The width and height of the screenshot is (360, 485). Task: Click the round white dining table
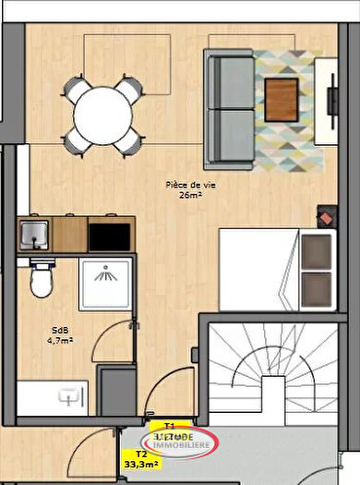pos(104,115)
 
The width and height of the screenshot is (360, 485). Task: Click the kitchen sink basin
pos(35,236)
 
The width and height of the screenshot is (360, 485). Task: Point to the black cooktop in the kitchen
pos(111,236)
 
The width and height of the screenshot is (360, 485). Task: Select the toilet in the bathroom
pos(42,279)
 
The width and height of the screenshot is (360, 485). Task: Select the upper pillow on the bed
pos(317,249)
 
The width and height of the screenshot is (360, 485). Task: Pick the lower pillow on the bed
pos(317,288)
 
